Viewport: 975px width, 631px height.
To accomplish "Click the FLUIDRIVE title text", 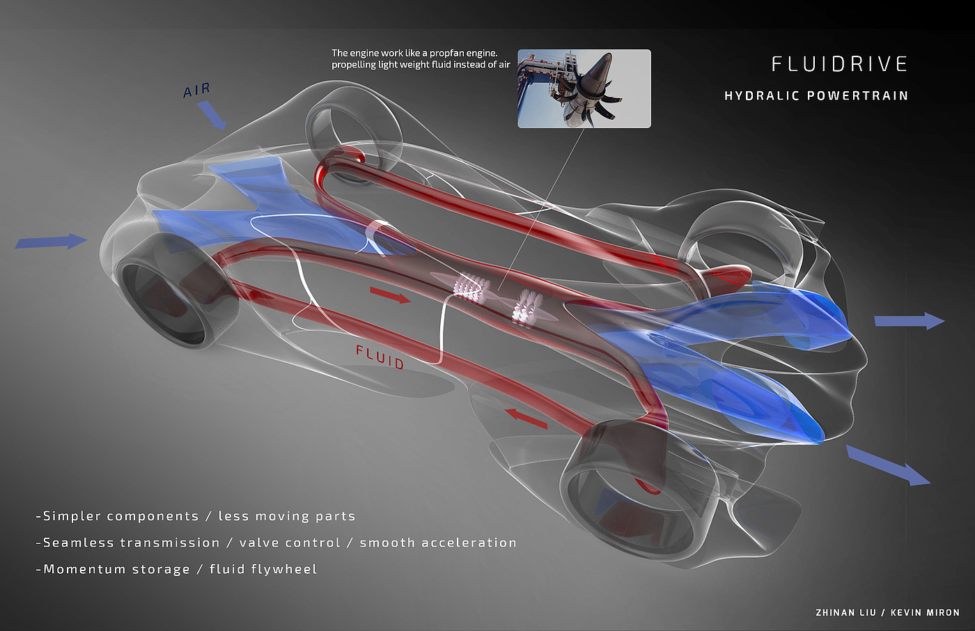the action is click(x=839, y=64).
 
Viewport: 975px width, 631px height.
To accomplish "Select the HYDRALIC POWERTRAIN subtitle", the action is click(x=816, y=96).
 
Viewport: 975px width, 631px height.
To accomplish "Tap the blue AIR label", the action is click(x=196, y=91).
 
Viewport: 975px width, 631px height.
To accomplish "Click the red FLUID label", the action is click(x=380, y=357).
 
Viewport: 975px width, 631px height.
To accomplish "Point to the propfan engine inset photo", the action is click(x=584, y=88).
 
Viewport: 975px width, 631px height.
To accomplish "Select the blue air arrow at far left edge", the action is click(x=51, y=242).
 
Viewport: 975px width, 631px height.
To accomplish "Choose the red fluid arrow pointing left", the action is click(x=526, y=418).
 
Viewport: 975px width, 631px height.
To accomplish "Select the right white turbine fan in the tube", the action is click(x=526, y=307).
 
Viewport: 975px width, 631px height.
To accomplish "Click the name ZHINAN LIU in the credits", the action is click(x=845, y=613).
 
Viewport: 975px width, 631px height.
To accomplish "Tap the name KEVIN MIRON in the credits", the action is click(x=925, y=613).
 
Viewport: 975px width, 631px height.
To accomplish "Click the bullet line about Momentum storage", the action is click(x=177, y=569).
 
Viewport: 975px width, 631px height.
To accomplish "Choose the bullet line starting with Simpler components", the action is click(x=196, y=516).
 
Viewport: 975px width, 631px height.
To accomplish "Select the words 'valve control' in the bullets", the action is click(x=290, y=543).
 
